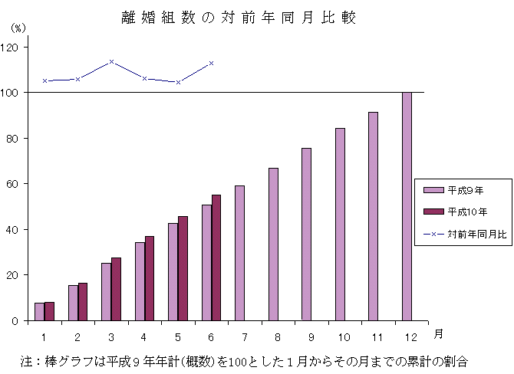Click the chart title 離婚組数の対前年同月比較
(239, 18)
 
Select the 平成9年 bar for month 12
(407, 206)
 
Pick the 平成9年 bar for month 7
(240, 253)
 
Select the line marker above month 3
(111, 61)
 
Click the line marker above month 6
(211, 63)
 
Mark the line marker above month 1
(44, 80)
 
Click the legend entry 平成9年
(465, 189)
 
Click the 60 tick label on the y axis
(15, 184)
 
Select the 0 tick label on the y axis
(16, 321)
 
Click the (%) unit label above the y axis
(18, 28)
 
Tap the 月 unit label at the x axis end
(437, 333)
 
